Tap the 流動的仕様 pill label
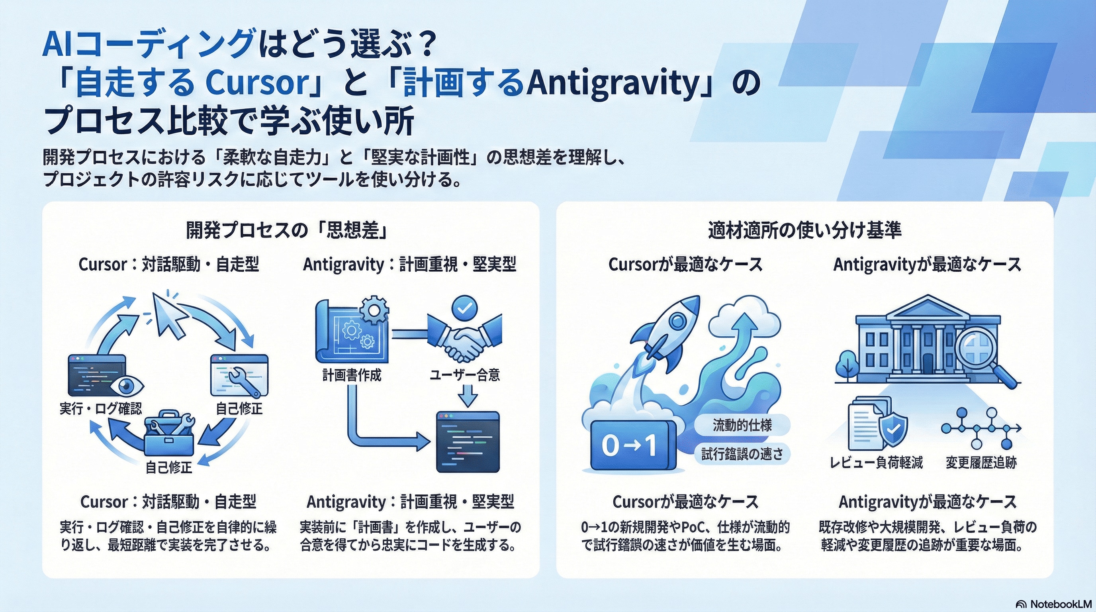pyautogui.click(x=742, y=425)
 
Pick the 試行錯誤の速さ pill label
pyautogui.click(x=742, y=454)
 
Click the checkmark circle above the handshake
pyautogui.click(x=464, y=308)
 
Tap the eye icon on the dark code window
pyautogui.click(x=127, y=386)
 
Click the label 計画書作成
pyautogui.click(x=352, y=375)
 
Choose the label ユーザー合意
pyautogui.click(x=465, y=375)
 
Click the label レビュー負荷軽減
pyautogui.click(x=877, y=462)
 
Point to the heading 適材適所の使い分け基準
pyautogui.click(x=804, y=230)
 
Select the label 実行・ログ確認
pyautogui.click(x=101, y=408)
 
